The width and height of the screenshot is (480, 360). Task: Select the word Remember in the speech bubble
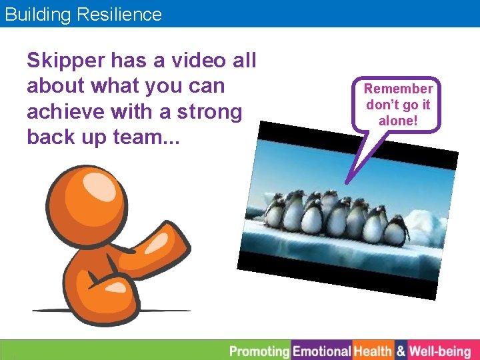tap(398, 89)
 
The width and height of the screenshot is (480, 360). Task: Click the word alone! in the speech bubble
tap(398, 120)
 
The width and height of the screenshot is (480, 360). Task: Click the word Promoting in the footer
tap(259, 351)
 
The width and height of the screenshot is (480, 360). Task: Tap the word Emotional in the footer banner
tap(322, 351)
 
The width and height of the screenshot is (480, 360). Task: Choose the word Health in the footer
tap(373, 351)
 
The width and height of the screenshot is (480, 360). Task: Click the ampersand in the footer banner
tap(401, 351)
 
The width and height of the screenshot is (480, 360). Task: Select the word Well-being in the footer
tap(440, 351)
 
